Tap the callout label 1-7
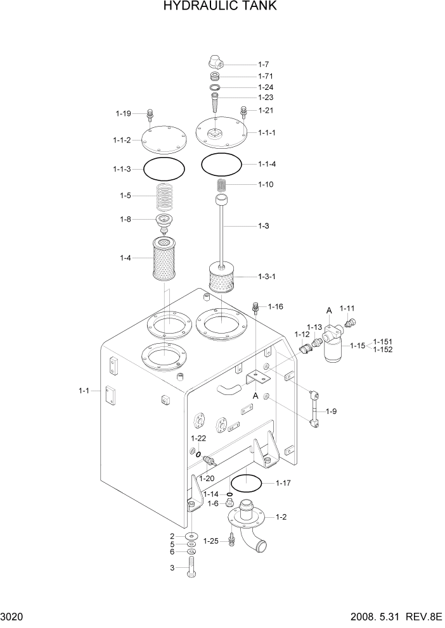(x=264, y=64)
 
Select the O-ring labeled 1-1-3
(x=164, y=169)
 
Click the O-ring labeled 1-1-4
(x=222, y=164)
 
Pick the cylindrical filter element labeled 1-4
(x=167, y=259)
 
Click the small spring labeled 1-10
(x=222, y=185)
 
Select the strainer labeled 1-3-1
(x=222, y=279)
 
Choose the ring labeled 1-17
(x=247, y=484)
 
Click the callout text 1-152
(x=383, y=349)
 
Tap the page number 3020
(x=13, y=616)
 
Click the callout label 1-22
(x=198, y=438)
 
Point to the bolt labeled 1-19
(x=150, y=115)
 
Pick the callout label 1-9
(x=331, y=411)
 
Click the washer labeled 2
(x=191, y=537)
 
